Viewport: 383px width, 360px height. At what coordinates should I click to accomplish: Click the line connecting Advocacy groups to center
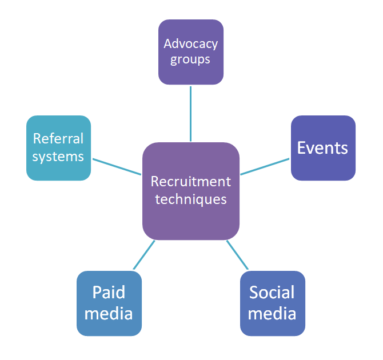(x=190, y=113)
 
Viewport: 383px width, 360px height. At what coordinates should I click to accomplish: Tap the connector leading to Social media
(x=238, y=255)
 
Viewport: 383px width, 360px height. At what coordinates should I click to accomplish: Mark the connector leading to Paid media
(x=144, y=255)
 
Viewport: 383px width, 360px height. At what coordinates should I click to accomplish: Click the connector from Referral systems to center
(x=117, y=166)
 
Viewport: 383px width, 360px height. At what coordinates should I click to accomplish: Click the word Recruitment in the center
(x=191, y=182)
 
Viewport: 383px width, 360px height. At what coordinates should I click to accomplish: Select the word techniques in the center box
(x=191, y=199)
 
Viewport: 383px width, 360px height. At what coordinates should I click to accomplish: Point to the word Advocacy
(x=190, y=43)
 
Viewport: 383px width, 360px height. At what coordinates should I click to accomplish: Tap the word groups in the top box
(x=190, y=59)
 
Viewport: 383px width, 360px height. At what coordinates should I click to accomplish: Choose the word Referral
(x=58, y=139)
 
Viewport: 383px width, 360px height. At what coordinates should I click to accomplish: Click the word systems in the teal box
(x=58, y=157)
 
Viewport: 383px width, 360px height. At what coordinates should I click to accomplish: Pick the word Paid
(x=109, y=293)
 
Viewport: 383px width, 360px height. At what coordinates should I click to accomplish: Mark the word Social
(x=272, y=293)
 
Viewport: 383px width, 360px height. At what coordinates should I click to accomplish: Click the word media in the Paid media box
(x=109, y=313)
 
